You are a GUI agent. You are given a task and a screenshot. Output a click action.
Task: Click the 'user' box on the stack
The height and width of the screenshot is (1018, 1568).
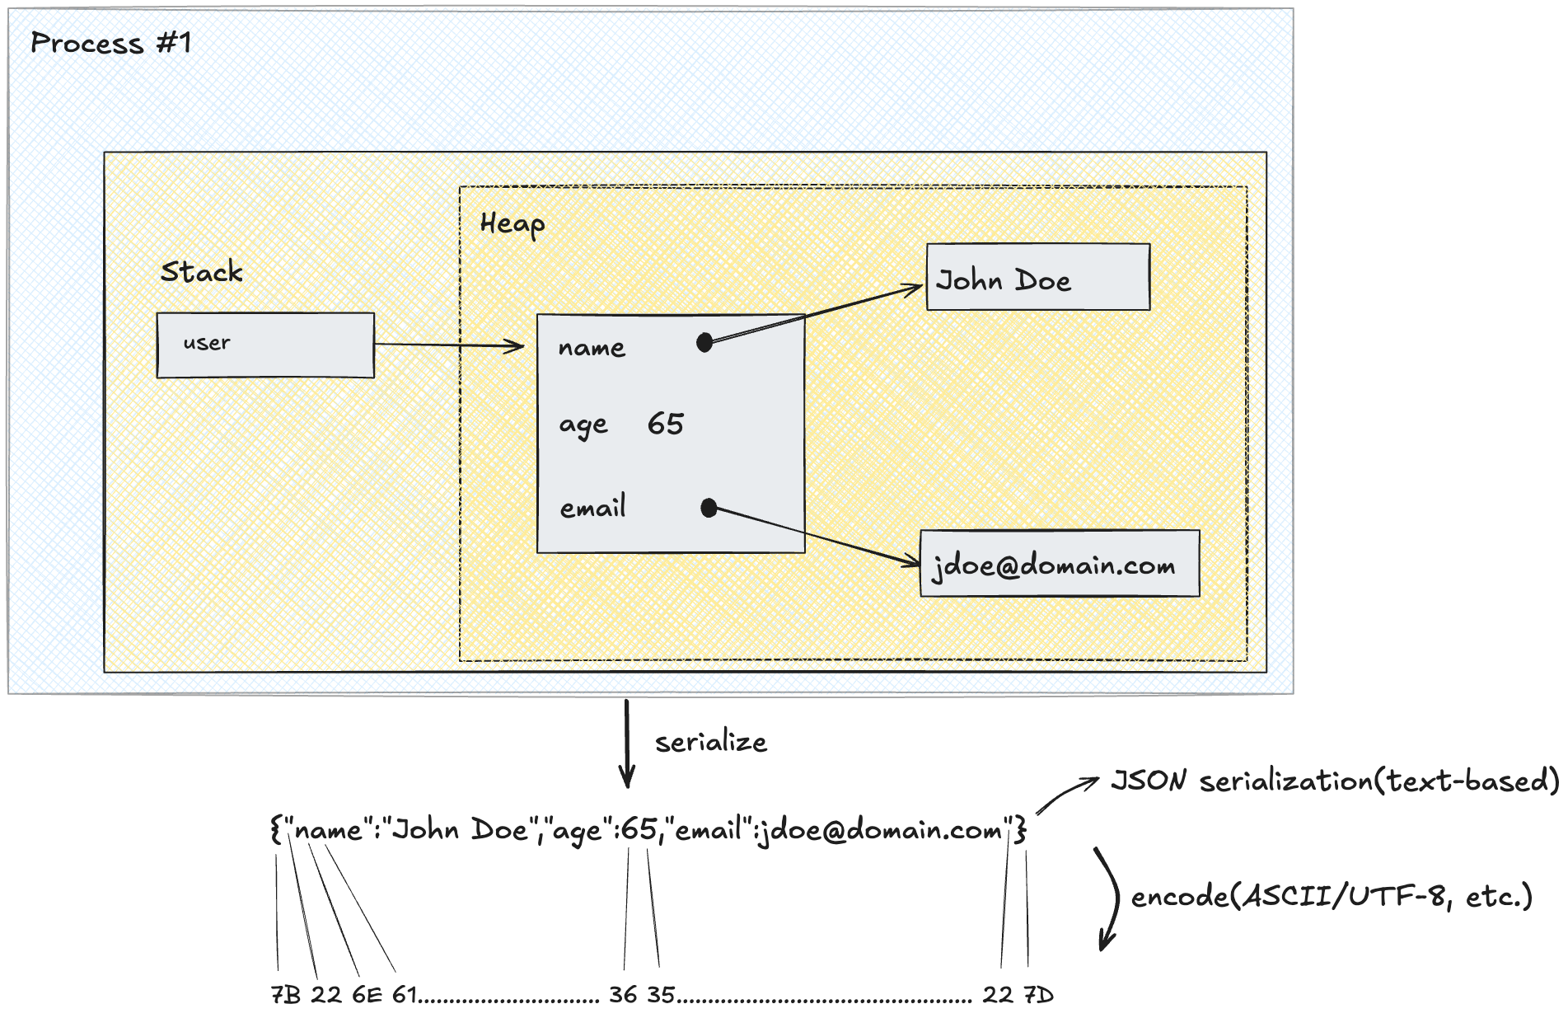(264, 345)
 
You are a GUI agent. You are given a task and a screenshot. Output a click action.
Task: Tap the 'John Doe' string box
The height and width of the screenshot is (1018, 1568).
(1037, 278)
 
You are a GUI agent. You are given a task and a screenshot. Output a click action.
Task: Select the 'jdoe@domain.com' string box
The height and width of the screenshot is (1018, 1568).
(1059, 564)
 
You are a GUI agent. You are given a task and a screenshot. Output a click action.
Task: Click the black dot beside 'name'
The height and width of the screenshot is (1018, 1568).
(704, 342)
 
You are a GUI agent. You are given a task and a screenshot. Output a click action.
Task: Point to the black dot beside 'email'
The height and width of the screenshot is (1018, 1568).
(709, 508)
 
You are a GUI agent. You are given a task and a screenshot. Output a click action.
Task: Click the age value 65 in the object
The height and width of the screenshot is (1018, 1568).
(665, 424)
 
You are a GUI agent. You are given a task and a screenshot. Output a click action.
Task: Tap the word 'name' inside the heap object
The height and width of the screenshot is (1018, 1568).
(592, 348)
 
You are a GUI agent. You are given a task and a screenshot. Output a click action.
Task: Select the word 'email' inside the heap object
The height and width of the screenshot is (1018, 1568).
(592, 508)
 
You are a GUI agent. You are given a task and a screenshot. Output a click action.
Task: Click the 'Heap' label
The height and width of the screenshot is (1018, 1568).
(512, 224)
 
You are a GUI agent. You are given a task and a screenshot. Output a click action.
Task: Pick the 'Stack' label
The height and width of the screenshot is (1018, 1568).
(202, 272)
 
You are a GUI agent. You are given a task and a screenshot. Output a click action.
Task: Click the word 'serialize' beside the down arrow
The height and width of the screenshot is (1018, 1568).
(711, 743)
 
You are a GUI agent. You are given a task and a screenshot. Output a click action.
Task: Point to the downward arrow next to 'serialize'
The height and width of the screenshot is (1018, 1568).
(627, 742)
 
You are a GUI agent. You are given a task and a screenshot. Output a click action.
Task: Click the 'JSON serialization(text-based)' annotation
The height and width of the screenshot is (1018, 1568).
(1335, 781)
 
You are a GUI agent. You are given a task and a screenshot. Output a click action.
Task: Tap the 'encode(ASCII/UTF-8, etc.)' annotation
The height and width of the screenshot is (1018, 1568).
(1331, 896)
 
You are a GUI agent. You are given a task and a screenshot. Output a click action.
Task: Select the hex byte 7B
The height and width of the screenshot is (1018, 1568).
(286, 995)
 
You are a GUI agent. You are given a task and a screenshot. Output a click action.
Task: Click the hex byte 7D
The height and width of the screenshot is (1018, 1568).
(1038, 995)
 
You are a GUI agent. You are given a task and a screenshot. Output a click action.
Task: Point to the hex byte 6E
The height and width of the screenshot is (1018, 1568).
(367, 995)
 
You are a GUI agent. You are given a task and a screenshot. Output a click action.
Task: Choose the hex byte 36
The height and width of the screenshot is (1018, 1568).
(623, 995)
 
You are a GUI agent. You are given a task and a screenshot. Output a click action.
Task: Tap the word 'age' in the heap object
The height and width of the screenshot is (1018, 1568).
(583, 425)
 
